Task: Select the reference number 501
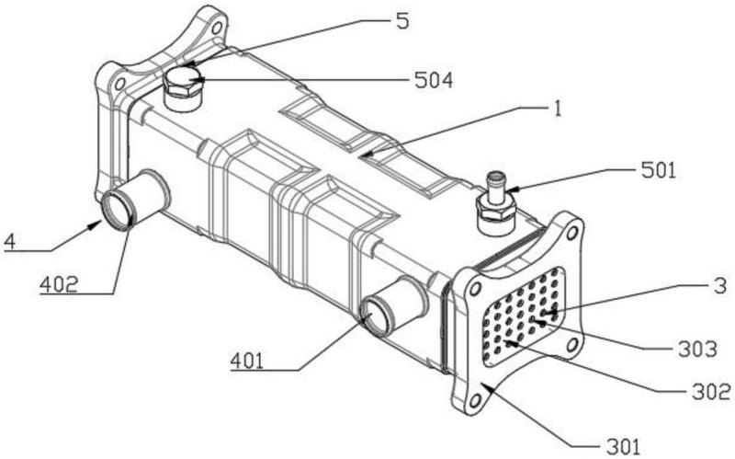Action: click(x=657, y=169)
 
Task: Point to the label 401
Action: click(x=248, y=361)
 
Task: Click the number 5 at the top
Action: click(x=401, y=20)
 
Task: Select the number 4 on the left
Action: click(x=9, y=242)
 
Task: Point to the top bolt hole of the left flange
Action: click(x=218, y=28)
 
